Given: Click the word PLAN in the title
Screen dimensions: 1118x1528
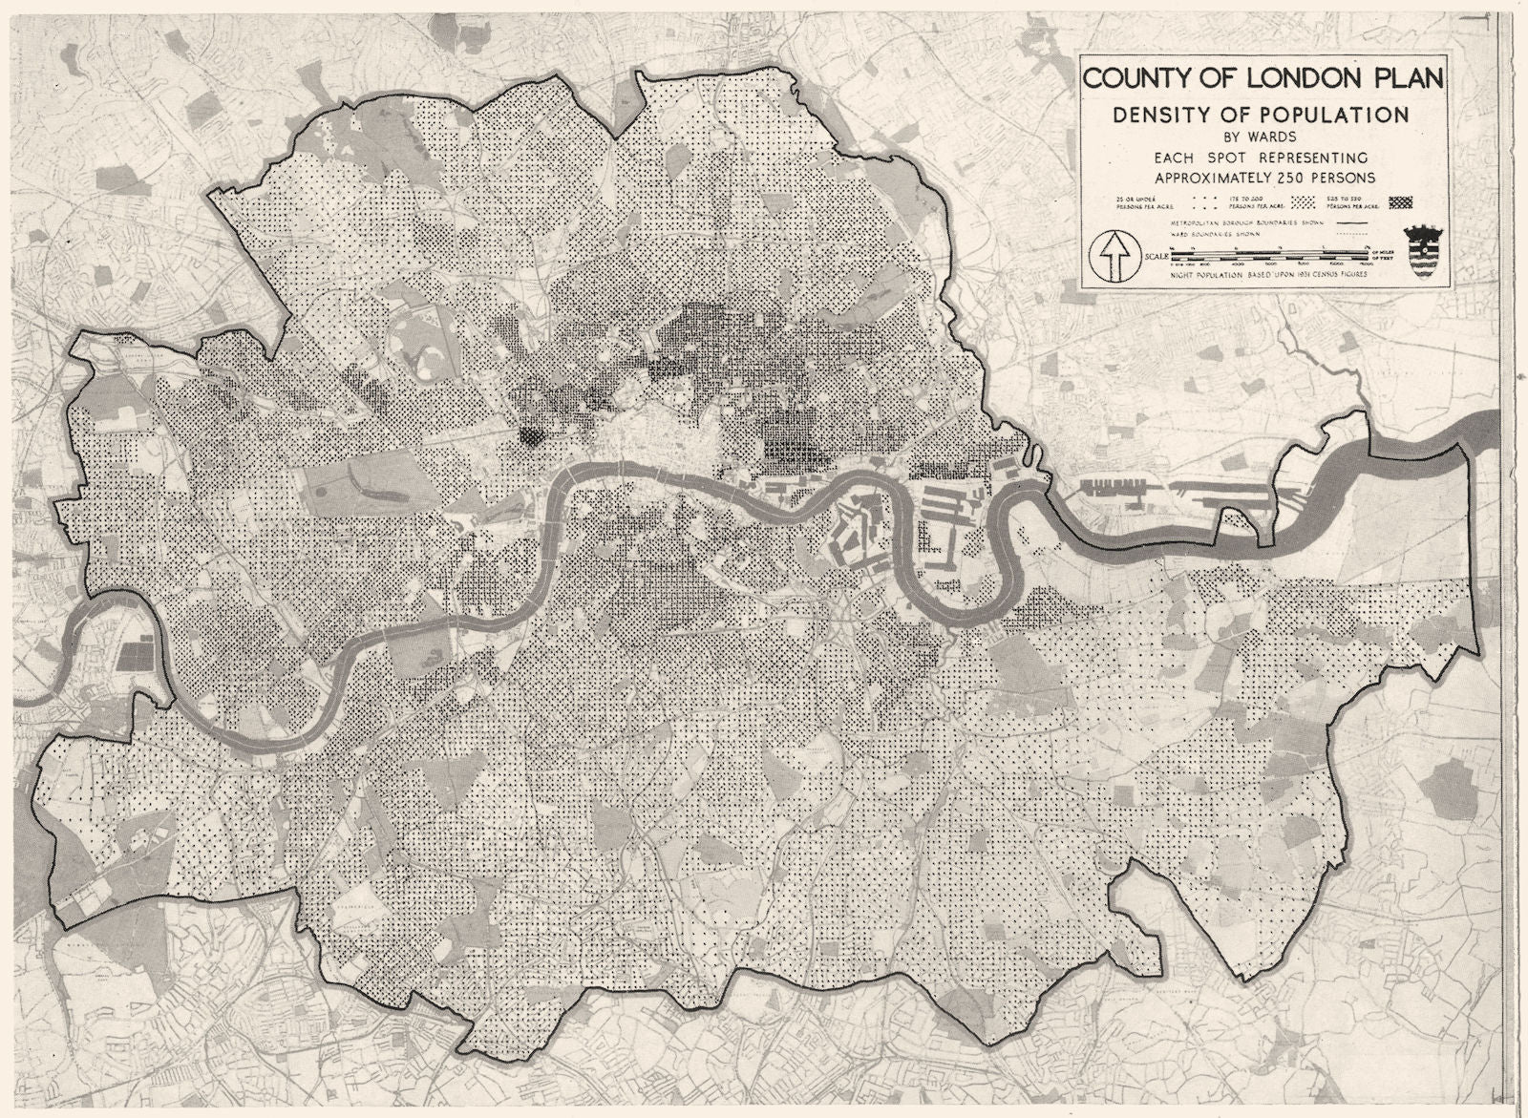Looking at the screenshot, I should click(1409, 78).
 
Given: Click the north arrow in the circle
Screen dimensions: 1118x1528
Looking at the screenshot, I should click(1114, 256).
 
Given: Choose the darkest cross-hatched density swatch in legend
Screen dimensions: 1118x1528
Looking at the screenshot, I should click(1400, 202).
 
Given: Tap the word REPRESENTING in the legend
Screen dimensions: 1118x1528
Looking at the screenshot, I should click(1309, 158).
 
